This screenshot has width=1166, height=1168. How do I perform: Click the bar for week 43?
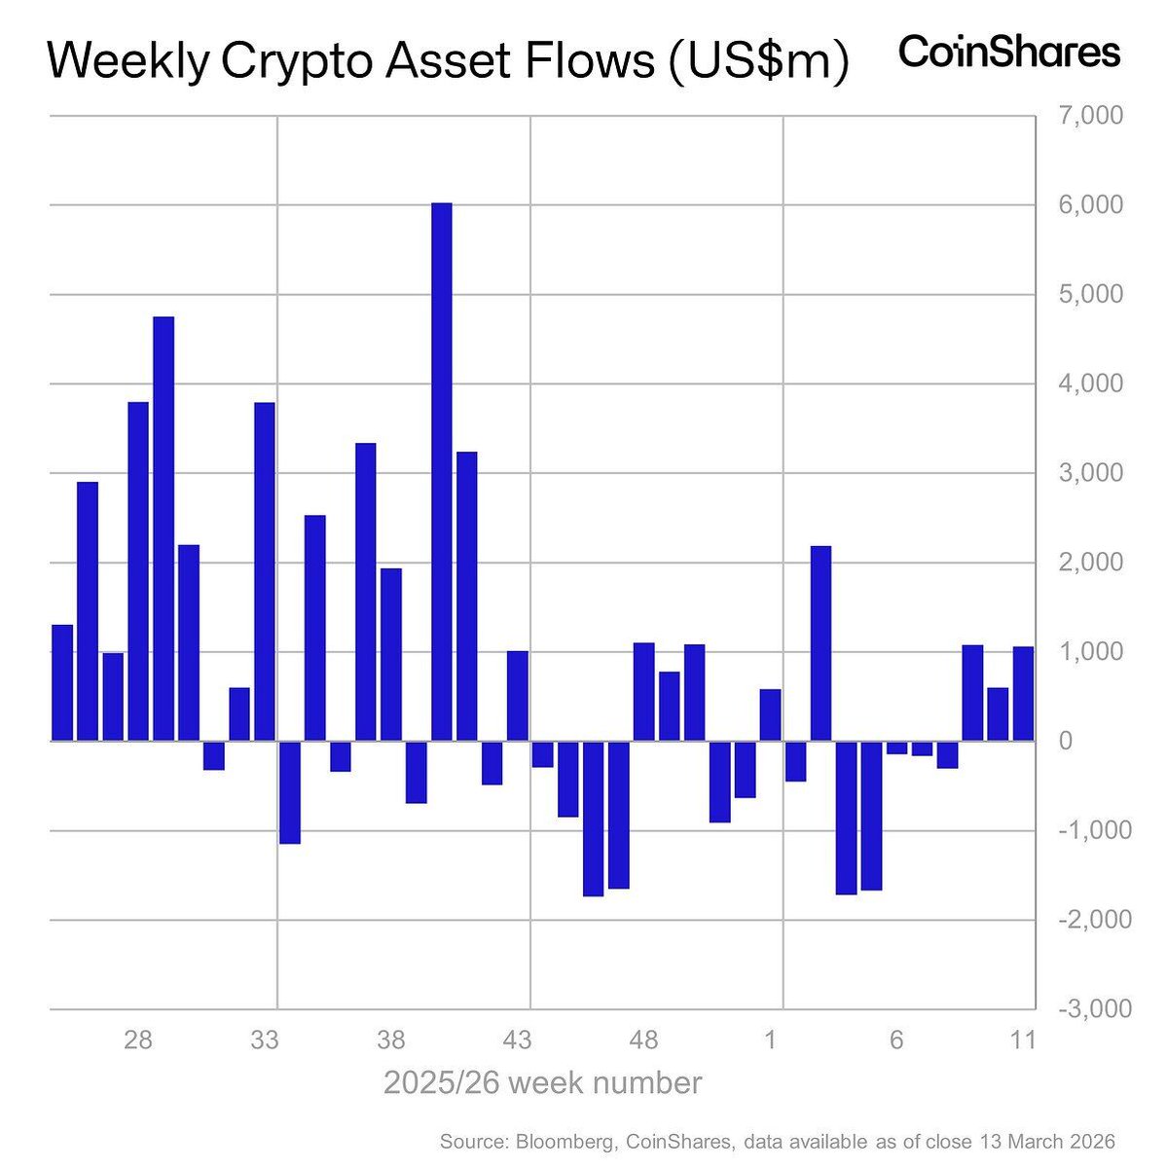pos(518,696)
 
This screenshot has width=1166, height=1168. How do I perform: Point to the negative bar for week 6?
pos(896,748)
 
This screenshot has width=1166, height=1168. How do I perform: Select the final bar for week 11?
pos(1023,694)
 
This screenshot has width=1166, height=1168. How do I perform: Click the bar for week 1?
pos(770,715)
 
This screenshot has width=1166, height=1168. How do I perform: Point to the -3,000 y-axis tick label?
pos(1094,1009)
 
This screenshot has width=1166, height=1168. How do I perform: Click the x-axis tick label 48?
pos(643,1040)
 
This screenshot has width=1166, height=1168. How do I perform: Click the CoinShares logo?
pos(1009,53)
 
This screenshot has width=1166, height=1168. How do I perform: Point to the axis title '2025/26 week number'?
pos(542,1083)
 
